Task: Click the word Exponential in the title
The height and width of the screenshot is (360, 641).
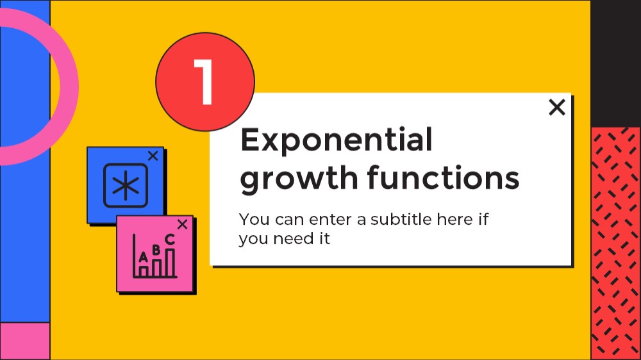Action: coord(336,140)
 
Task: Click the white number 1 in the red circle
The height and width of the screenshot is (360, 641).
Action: coord(203,82)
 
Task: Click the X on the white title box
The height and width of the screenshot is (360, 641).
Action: coord(557,108)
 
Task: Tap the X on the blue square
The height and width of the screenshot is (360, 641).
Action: coord(153,156)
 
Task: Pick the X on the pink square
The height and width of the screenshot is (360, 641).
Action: coord(182,224)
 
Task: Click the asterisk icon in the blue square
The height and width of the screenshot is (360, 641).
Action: coord(126,186)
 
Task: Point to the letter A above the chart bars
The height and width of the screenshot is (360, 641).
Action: coord(143,257)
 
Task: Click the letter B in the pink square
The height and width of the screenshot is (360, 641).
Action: coord(156,249)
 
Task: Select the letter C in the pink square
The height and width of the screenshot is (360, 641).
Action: coord(170,239)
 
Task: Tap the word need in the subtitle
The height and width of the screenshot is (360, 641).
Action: coord(292,239)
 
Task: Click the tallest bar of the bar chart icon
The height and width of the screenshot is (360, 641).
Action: coord(170,263)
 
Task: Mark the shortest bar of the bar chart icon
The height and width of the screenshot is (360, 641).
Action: coord(143,272)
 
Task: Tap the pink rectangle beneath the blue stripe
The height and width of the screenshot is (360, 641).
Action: coord(25,341)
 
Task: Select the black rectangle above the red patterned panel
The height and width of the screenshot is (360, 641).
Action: coord(615,63)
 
